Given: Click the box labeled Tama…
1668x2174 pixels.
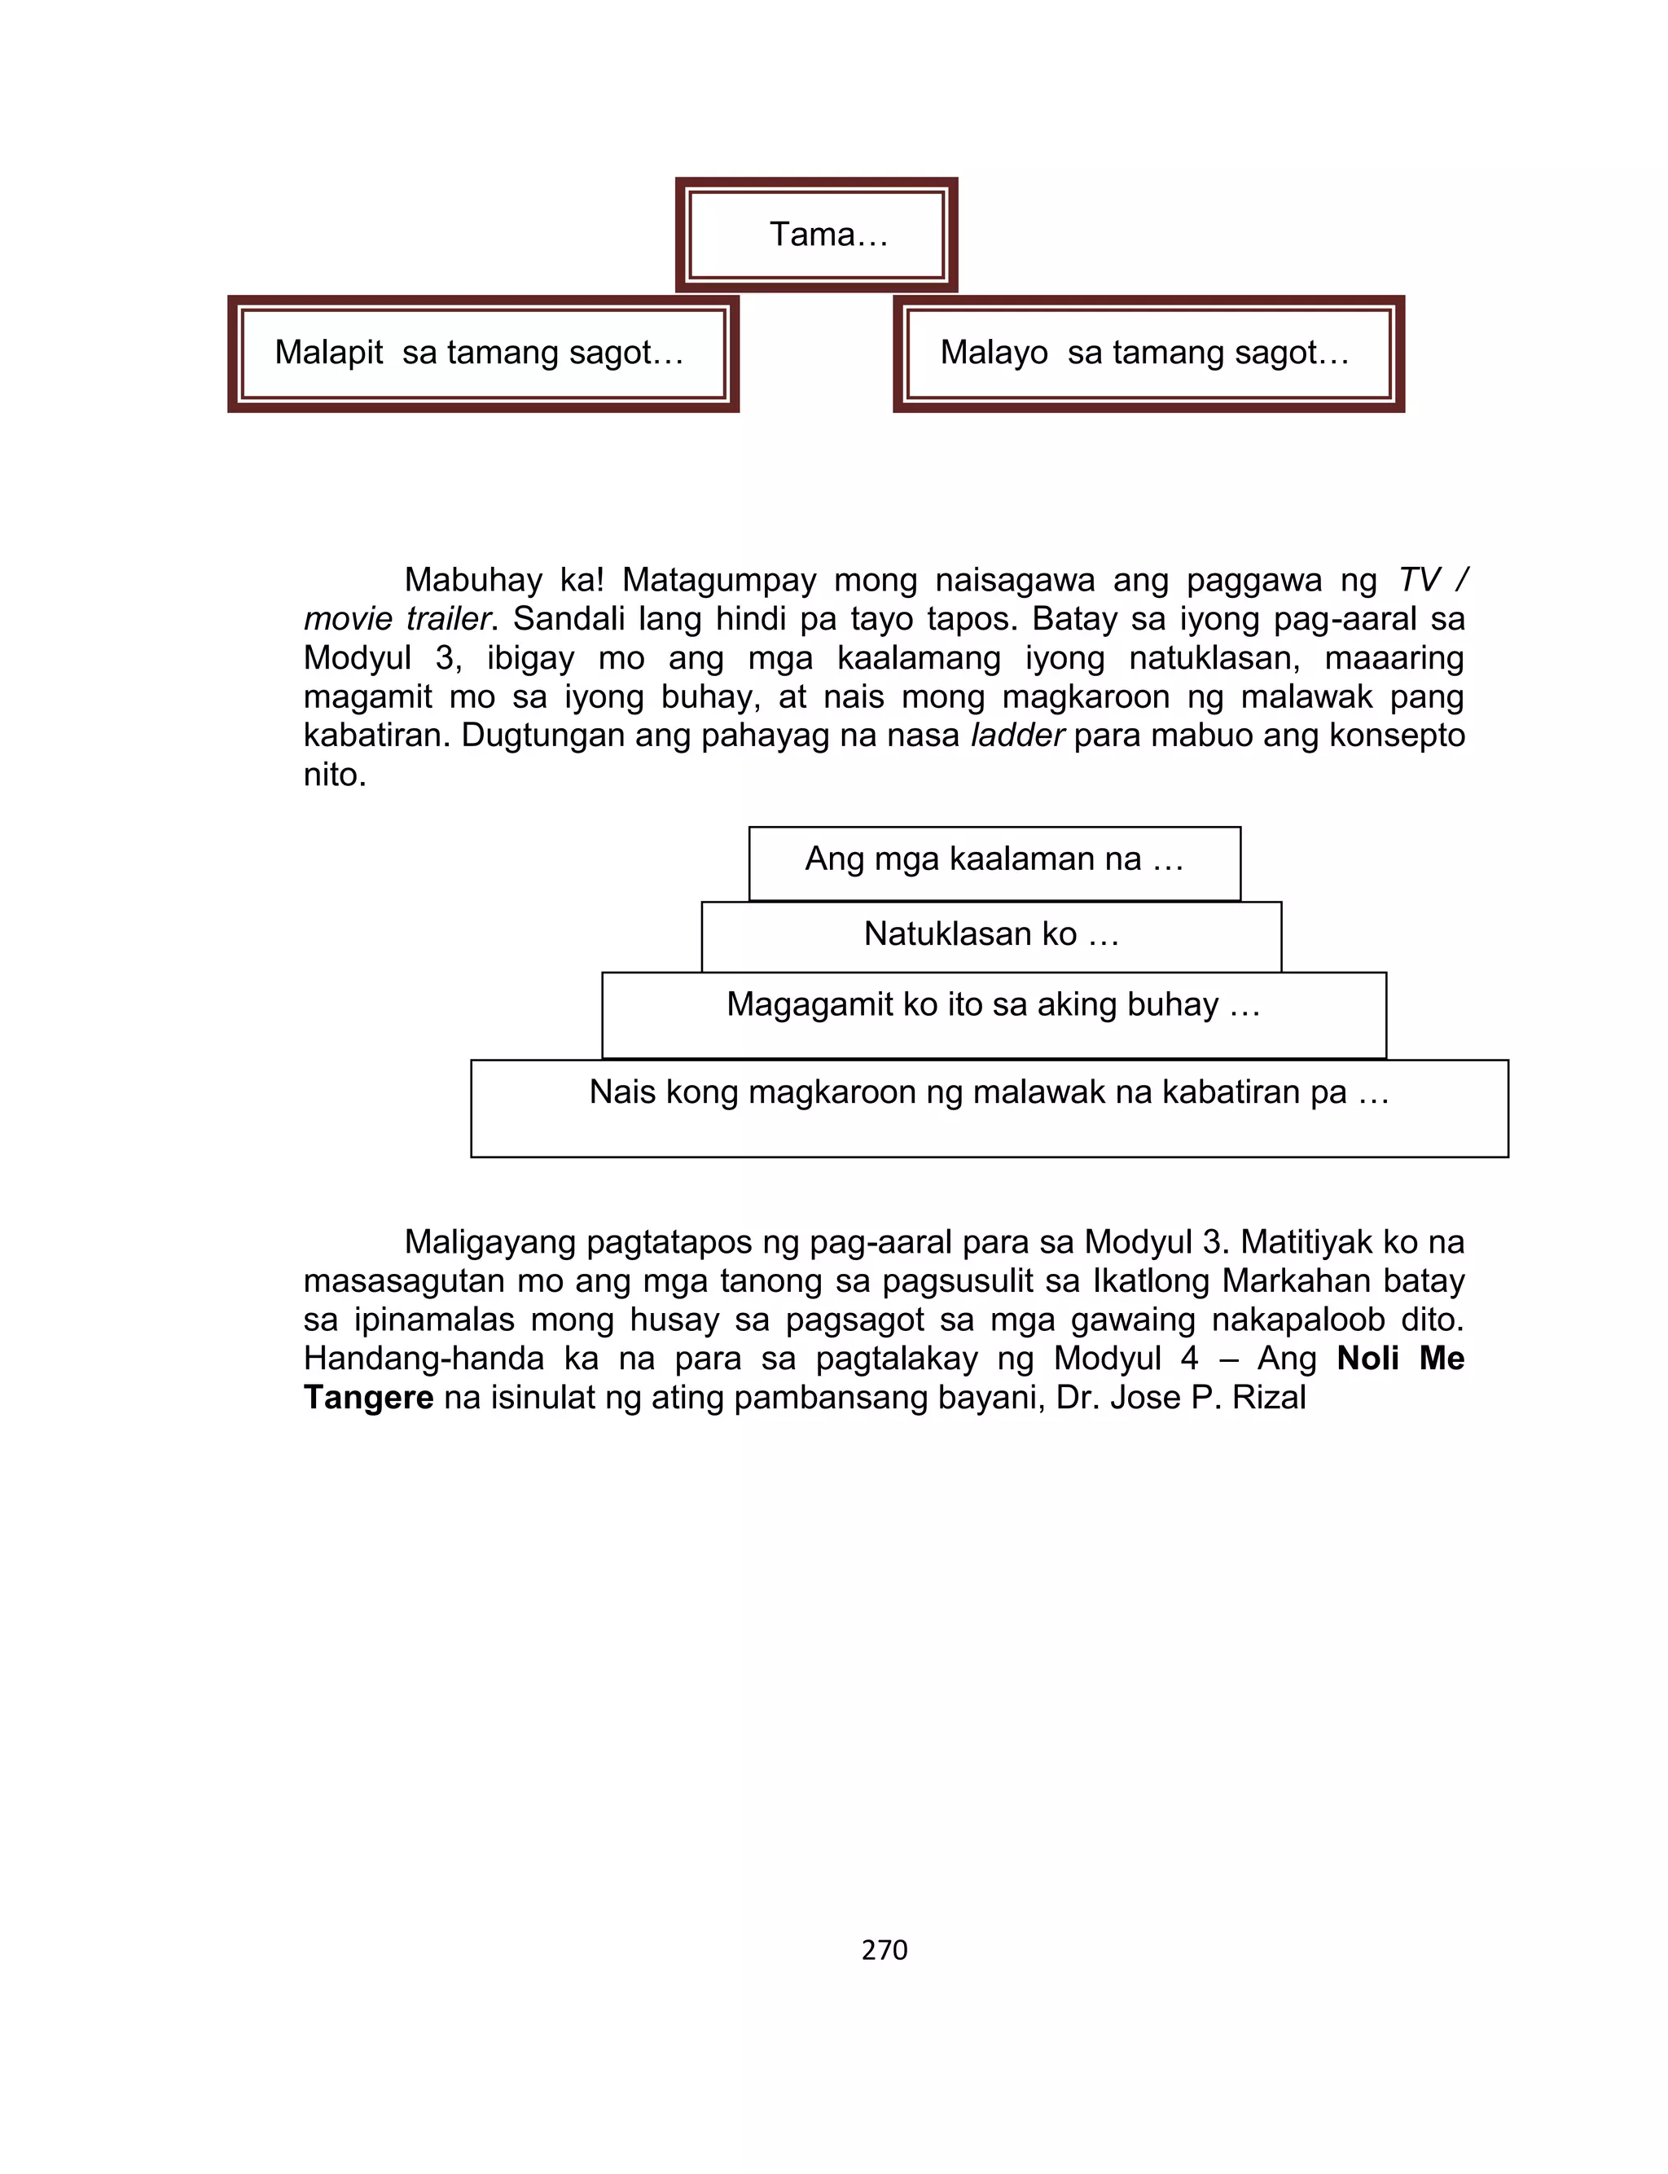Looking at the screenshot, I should click(816, 235).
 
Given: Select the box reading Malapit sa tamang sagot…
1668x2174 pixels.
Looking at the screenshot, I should click(484, 354).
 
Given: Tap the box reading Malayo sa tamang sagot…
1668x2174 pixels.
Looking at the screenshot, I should click(1148, 354).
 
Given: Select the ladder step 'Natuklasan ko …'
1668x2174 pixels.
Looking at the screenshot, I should click(991, 934).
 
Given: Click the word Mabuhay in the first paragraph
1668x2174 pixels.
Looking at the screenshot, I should click(472, 580).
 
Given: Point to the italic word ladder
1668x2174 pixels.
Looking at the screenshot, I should click(1016, 736).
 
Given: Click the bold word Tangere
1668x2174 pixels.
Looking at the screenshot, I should click(368, 1398).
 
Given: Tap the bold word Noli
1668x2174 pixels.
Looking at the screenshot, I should click(1367, 1359).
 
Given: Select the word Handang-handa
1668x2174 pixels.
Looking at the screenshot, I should click(424, 1359).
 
